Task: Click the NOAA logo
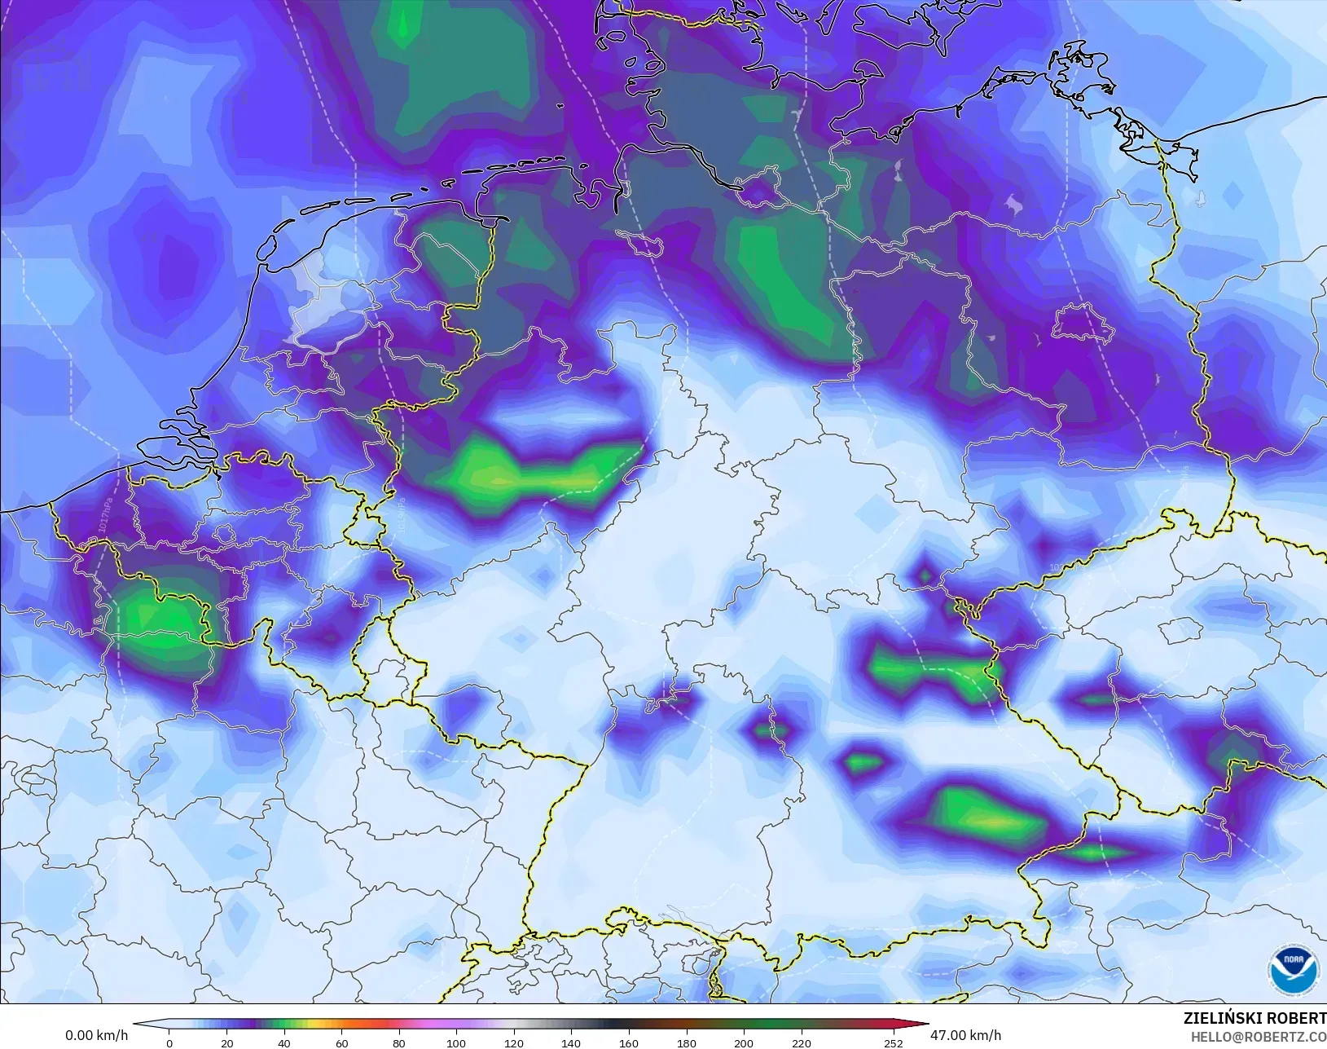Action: click(1294, 969)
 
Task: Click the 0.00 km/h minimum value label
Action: click(96, 1036)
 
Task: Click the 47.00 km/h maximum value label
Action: click(965, 1035)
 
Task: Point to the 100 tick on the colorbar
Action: click(456, 1043)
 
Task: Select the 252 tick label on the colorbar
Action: click(894, 1043)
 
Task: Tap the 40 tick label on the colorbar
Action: click(283, 1043)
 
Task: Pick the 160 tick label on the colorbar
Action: click(628, 1043)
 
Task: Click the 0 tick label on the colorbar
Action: click(169, 1043)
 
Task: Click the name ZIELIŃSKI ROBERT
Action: click(1254, 1019)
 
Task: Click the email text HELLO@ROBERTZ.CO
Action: click(1259, 1037)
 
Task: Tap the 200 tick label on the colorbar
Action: click(743, 1043)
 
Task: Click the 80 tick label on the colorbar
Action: click(398, 1043)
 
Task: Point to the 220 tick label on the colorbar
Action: click(801, 1043)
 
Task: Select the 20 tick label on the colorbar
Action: click(226, 1043)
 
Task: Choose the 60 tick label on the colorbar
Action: click(341, 1043)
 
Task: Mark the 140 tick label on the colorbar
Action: click(571, 1043)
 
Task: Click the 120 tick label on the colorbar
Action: click(513, 1043)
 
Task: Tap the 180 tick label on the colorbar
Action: click(686, 1043)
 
